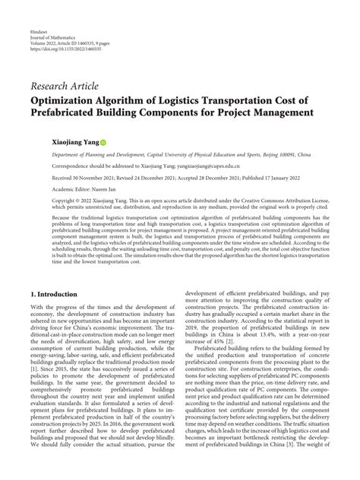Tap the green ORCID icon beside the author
point(104,142)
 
